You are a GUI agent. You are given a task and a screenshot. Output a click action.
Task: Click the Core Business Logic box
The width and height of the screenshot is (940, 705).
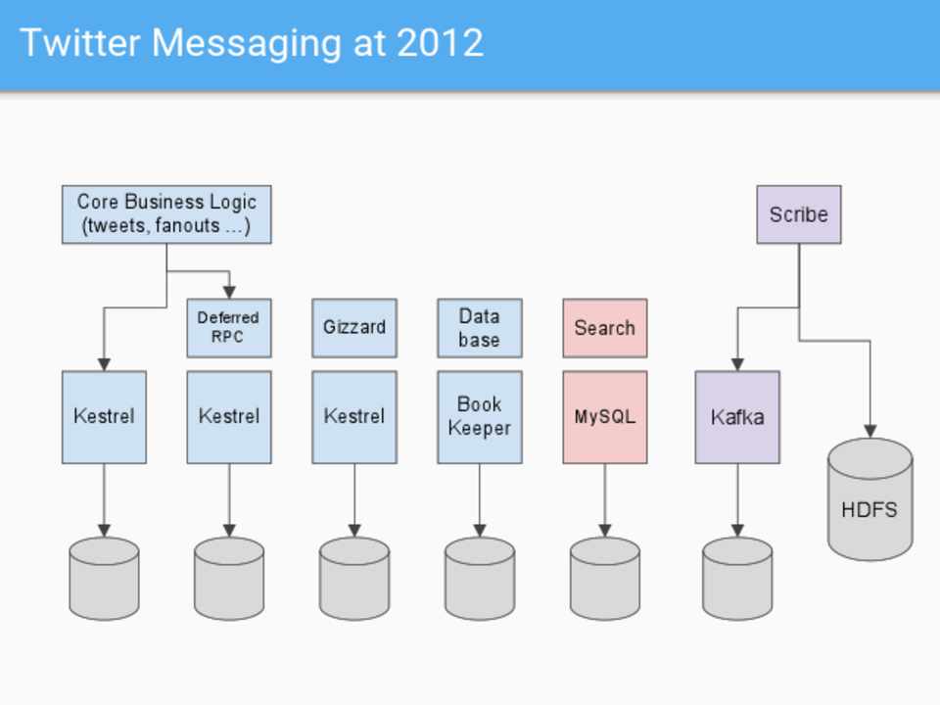click(166, 214)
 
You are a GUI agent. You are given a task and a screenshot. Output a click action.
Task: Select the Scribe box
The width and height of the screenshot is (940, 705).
click(798, 214)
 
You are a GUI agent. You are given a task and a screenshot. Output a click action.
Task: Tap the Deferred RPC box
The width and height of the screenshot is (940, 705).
click(228, 328)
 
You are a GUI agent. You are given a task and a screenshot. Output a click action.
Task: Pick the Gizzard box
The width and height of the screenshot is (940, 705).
click(354, 328)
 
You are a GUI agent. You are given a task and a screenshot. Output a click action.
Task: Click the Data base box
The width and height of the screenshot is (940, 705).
click(479, 328)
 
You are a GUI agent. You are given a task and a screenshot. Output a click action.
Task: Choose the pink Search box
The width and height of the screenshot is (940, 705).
click(604, 328)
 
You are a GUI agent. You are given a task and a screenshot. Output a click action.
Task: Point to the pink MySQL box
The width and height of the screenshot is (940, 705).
click(604, 416)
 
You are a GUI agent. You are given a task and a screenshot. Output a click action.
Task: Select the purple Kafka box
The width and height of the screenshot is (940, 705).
click(737, 416)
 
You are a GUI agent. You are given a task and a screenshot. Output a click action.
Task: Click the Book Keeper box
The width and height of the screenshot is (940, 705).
click(479, 416)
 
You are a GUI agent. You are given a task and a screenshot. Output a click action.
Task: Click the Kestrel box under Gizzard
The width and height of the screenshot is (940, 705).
click(354, 416)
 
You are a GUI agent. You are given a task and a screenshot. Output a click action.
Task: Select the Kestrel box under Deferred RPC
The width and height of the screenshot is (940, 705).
click(229, 416)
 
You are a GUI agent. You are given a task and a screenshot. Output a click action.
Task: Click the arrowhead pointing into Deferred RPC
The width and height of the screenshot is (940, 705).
click(229, 292)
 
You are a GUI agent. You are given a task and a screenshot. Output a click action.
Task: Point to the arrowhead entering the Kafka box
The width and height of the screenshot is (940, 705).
click(737, 364)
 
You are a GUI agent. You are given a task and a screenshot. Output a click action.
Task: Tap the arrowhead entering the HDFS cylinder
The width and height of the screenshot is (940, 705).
click(869, 431)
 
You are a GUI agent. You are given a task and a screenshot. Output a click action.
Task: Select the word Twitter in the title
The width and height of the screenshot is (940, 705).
click(78, 43)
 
